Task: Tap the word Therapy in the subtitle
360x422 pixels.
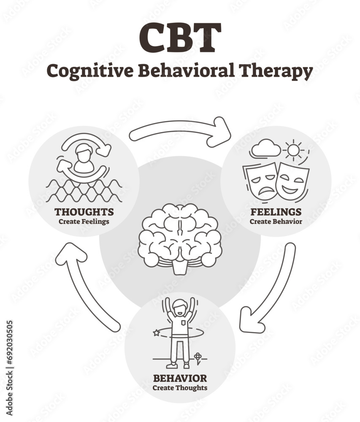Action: tap(278, 71)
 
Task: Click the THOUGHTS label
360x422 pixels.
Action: tap(84, 211)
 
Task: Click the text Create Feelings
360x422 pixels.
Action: tap(84, 221)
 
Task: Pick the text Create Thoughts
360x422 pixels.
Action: tap(180, 387)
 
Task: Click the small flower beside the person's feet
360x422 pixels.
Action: tap(198, 358)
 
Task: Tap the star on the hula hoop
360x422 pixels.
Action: tap(157, 333)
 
